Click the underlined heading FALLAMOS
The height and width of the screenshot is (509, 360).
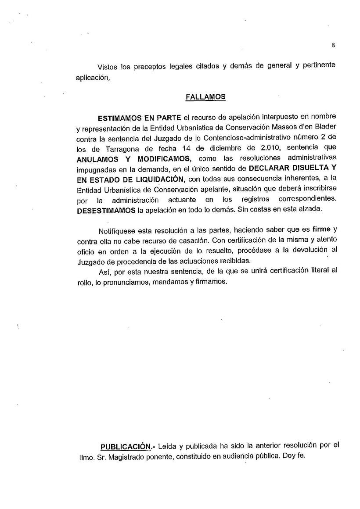[205, 97]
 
